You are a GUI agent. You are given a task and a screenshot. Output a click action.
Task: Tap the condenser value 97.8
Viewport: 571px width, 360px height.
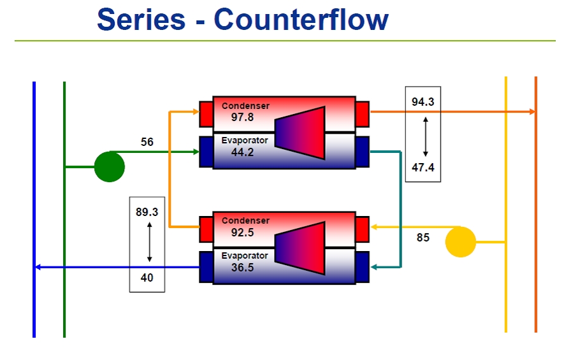click(242, 117)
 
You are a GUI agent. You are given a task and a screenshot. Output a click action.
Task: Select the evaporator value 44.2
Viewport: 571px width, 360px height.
click(242, 152)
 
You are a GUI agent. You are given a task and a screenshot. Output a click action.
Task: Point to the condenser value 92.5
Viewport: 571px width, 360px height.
click(242, 233)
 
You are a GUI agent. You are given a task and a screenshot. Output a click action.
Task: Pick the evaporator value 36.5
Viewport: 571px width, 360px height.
click(242, 268)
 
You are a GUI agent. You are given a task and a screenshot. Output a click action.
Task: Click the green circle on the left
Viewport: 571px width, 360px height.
click(110, 167)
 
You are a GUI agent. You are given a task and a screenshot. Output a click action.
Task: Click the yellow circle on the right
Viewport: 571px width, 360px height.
click(460, 242)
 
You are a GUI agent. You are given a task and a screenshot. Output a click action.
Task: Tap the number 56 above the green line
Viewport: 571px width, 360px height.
click(147, 142)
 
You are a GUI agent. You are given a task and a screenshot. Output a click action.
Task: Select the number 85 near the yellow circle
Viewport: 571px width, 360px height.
click(423, 238)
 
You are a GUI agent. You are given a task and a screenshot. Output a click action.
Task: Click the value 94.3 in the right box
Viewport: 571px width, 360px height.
click(423, 102)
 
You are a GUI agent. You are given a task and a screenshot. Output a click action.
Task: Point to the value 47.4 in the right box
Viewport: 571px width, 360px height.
click(423, 168)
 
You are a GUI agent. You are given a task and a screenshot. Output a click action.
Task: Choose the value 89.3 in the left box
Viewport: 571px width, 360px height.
click(147, 212)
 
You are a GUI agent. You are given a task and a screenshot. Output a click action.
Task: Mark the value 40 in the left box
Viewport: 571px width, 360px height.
click(147, 278)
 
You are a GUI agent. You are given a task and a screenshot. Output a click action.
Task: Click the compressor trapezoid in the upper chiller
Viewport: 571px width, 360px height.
click(300, 132)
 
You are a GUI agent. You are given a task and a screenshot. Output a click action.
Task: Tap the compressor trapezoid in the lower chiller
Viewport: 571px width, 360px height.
click(300, 247)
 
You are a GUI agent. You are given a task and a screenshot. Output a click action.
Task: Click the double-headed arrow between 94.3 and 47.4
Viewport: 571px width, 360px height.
click(425, 136)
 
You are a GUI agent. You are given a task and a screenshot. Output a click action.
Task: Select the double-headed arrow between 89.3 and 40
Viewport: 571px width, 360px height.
click(149, 241)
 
